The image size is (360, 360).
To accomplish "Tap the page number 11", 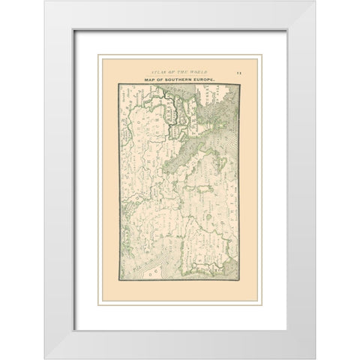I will click(x=237, y=71).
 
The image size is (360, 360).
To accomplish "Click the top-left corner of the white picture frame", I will click(x=44, y=1).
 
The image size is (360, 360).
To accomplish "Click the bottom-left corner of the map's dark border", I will click(x=118, y=281).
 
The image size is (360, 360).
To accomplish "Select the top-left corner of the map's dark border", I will click(x=118, y=83).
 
